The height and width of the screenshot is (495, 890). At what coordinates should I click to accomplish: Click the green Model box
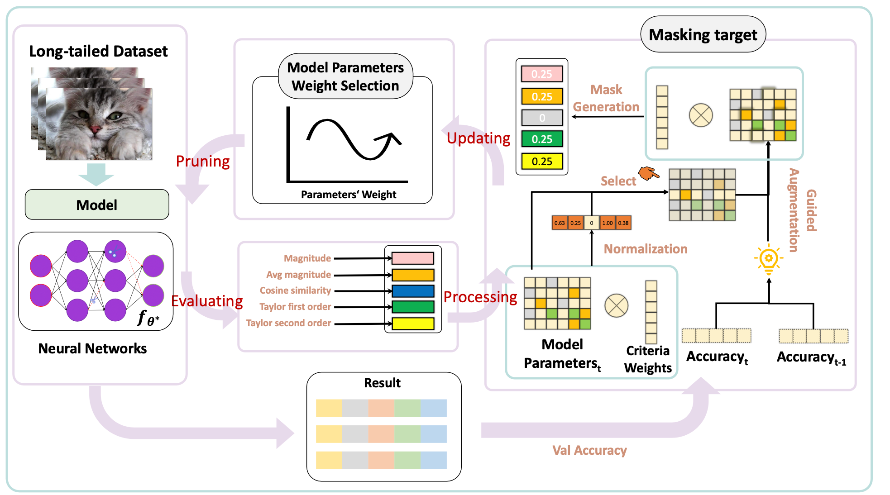[97, 205]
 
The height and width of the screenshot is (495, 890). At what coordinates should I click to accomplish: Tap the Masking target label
[703, 34]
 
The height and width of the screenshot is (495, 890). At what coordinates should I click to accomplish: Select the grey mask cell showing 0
[542, 118]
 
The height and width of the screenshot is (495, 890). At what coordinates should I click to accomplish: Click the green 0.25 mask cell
[542, 139]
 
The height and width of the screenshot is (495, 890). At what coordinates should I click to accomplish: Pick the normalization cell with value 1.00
[607, 223]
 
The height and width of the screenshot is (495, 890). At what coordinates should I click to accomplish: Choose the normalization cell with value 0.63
[560, 223]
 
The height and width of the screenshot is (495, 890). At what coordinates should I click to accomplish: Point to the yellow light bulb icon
[768, 260]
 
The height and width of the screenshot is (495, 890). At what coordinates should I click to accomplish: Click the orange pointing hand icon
[648, 173]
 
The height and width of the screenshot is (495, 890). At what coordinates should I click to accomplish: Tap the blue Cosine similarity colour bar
[413, 291]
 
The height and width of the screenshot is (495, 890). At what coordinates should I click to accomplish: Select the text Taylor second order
[288, 323]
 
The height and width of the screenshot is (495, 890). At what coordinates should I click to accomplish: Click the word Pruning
[202, 161]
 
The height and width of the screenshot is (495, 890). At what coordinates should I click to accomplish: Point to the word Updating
[478, 138]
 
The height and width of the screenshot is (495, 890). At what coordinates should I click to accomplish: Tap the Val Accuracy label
[589, 450]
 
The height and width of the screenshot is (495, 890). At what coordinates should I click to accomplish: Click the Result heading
[382, 383]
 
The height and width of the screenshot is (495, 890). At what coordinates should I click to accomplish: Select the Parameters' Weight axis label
[348, 195]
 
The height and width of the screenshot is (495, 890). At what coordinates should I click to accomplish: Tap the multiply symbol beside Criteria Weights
[616, 305]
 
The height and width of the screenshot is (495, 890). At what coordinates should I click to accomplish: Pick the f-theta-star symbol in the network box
[148, 318]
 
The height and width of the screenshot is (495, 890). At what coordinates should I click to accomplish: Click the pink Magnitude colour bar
[413, 258]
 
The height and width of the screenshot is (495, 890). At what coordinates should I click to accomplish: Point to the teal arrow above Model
[96, 174]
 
